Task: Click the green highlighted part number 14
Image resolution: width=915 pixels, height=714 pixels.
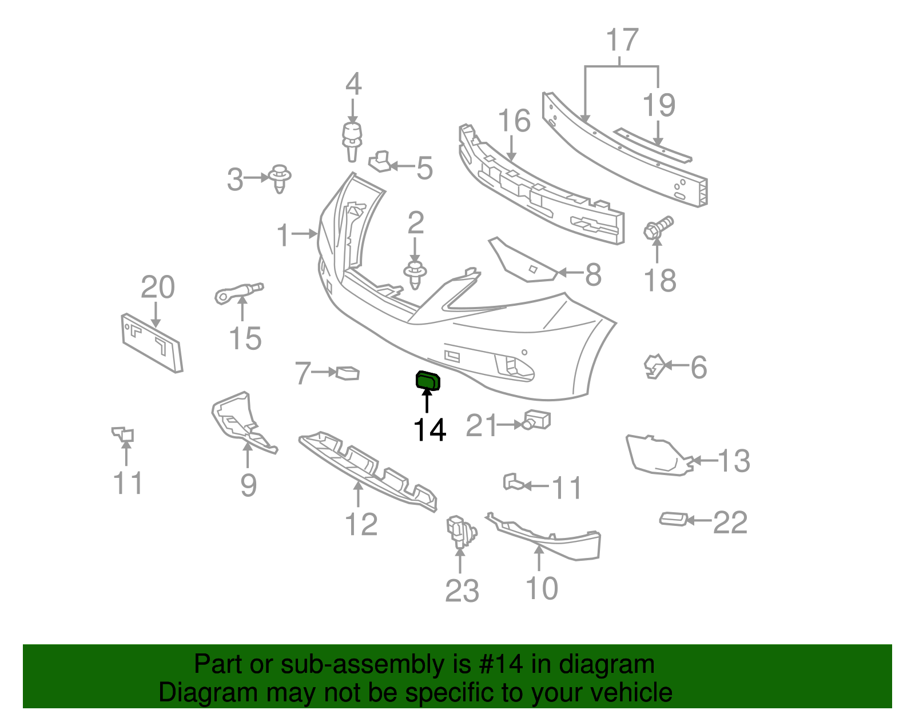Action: coord(428,380)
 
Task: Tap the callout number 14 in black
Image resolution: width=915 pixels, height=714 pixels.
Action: coord(429,430)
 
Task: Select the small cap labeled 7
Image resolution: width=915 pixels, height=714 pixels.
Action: coord(348,373)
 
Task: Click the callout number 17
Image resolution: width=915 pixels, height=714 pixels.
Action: coord(622,40)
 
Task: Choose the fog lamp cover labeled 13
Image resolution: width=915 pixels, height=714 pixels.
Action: coord(658,456)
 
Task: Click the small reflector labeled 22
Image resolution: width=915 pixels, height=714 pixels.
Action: coord(673,519)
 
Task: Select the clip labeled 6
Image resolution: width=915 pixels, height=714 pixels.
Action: coord(654,366)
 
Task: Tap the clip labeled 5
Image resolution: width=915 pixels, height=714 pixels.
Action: coord(380,161)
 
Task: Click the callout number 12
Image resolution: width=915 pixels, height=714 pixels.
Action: coord(361,524)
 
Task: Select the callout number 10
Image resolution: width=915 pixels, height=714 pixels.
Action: coord(542,588)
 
